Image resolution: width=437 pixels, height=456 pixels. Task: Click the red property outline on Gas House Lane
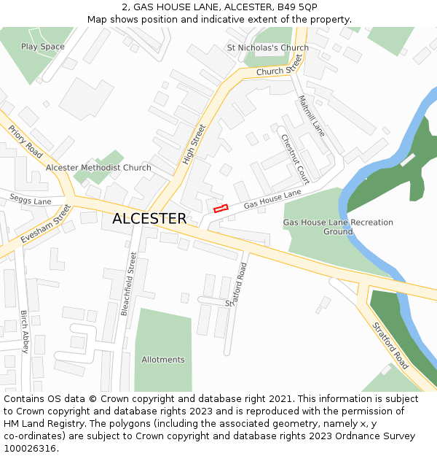[x=221, y=209]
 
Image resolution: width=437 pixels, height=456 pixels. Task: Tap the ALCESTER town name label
[x=149, y=219]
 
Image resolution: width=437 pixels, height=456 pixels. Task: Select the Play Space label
[x=42, y=47]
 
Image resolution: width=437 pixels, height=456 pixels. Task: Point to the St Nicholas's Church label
[x=267, y=48]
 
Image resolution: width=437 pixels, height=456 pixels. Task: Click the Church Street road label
[x=279, y=67]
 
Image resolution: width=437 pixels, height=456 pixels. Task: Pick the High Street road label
[x=194, y=144]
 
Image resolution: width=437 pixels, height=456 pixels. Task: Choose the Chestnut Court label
[x=295, y=159]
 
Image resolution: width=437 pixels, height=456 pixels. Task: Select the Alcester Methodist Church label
[x=98, y=168]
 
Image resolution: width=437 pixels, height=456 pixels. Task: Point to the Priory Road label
[x=25, y=142]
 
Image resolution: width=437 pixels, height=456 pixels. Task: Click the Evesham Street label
[x=45, y=224]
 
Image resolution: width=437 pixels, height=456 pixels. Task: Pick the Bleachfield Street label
[x=128, y=283]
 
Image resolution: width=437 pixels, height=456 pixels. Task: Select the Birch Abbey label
[x=24, y=332]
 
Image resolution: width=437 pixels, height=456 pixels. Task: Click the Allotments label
[x=163, y=360]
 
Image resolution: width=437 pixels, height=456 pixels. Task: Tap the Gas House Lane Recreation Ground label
[x=338, y=227]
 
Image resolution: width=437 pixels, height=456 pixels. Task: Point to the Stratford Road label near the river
[x=390, y=345]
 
